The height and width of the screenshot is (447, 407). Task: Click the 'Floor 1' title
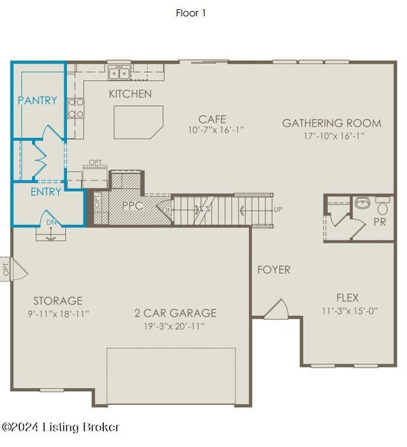(x=190, y=13)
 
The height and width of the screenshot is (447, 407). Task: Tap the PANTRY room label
(x=38, y=100)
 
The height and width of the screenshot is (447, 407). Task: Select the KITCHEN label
(x=130, y=94)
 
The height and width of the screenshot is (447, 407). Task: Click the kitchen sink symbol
(x=119, y=73)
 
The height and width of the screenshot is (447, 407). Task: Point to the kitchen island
(x=137, y=121)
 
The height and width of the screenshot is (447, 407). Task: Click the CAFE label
(x=212, y=119)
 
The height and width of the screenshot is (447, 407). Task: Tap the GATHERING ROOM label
(x=331, y=123)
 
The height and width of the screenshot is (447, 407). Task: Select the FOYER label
(x=274, y=270)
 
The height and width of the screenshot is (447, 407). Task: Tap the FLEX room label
(x=348, y=298)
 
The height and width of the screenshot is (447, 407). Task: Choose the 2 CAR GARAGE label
(x=175, y=313)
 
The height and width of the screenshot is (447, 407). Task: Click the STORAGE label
(x=58, y=301)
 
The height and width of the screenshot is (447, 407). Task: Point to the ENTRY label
(x=46, y=192)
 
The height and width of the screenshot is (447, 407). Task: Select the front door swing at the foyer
(x=276, y=308)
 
